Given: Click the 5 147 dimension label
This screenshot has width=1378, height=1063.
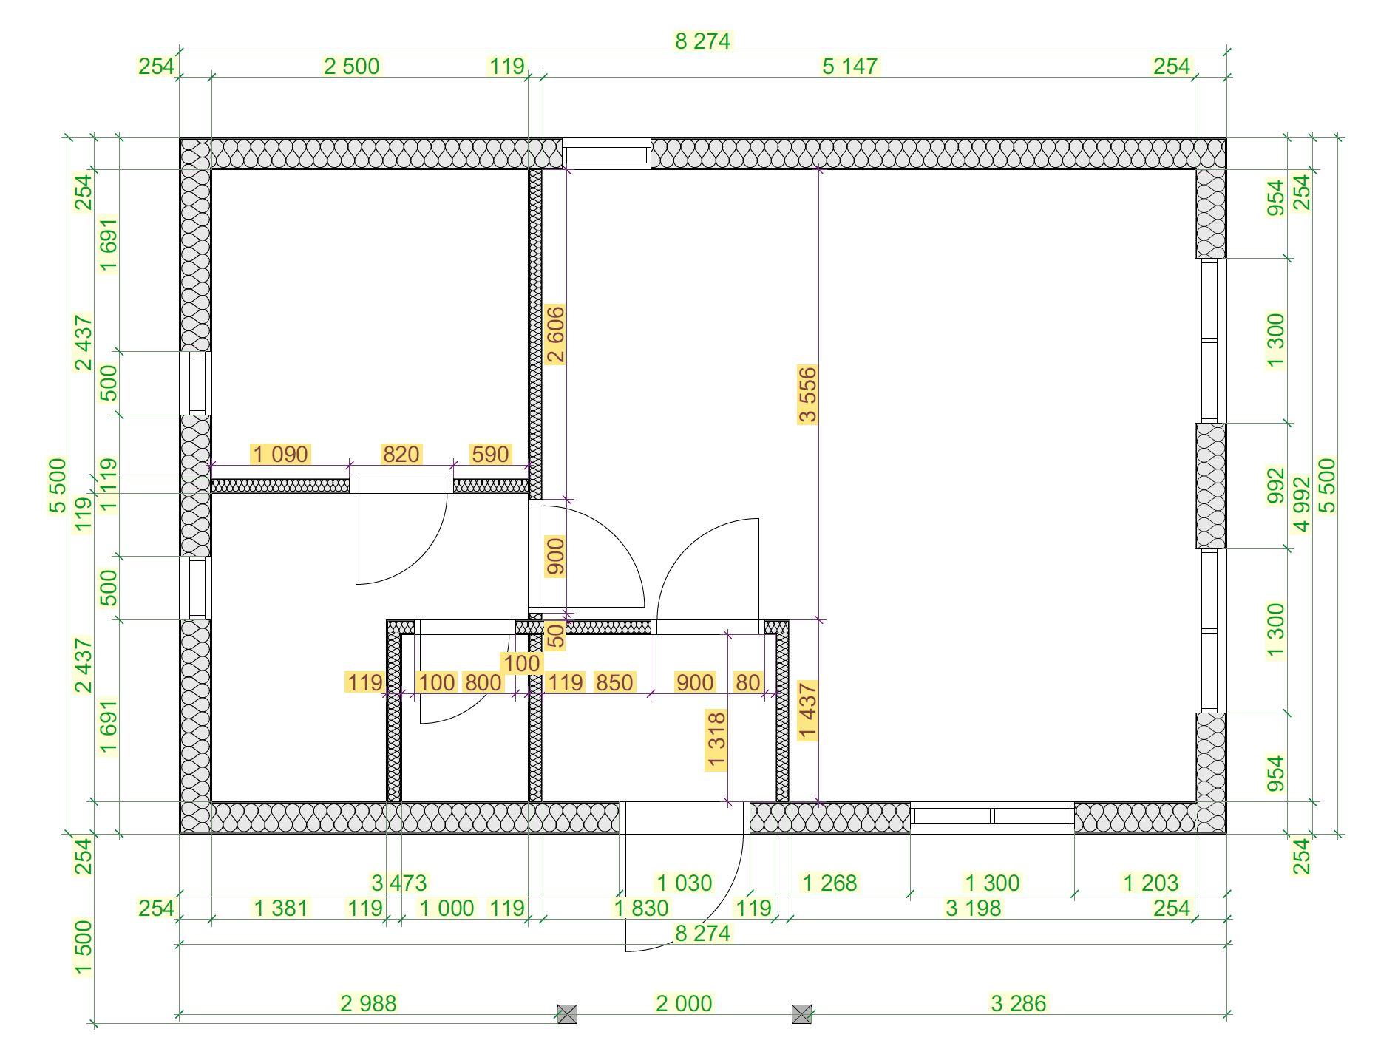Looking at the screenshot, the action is pos(849,67).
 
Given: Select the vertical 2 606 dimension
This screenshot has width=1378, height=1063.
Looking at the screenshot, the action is pos(555,333).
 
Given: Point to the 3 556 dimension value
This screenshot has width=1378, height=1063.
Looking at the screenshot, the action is pos(807,394).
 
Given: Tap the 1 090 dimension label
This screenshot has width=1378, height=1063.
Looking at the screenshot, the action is pos(280,454).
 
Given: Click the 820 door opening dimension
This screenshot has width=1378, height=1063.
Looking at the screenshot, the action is pos(401,454).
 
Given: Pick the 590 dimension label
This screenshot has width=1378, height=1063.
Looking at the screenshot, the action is pos(490,454).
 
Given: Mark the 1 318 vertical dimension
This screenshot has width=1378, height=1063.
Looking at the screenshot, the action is pos(716,740).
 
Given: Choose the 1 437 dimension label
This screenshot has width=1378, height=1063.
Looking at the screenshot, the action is pos(807,710).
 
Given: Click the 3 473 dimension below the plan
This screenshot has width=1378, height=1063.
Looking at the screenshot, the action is pos(399,883).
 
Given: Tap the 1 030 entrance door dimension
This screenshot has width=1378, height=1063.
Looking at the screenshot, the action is pos(685,883).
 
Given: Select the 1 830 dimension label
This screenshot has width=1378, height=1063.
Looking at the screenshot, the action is pos(641,908).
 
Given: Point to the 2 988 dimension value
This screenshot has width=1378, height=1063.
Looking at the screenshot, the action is pos(368,1003).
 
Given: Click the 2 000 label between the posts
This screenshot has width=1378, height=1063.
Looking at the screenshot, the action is pos(684,1003).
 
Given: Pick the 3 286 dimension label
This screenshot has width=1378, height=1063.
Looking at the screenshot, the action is pos(1019,1003).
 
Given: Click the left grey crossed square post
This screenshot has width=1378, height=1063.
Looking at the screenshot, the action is pos(567,1014).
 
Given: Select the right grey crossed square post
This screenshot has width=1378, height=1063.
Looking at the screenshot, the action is pos(801,1014).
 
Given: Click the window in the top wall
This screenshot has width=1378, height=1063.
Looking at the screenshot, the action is pos(606,154).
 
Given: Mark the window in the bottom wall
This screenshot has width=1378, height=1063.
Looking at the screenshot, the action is pos(992,817).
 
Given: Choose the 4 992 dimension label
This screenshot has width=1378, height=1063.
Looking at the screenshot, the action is pos(1302,504).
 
